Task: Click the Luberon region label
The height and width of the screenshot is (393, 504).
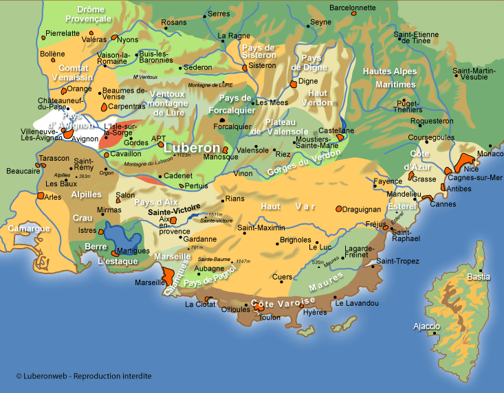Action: coord(193,148)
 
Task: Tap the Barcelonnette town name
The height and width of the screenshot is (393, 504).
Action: coord(353,8)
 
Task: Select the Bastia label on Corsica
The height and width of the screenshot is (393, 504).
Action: coord(479,277)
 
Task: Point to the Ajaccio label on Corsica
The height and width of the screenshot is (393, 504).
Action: coord(426,326)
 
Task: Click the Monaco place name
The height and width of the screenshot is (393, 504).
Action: coord(490,154)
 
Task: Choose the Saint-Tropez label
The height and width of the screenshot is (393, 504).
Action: coord(397,260)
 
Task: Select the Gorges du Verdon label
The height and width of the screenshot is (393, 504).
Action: coord(300,168)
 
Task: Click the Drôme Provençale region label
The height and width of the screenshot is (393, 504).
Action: coord(94,14)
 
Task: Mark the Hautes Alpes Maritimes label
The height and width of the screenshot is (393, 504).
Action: coord(390,78)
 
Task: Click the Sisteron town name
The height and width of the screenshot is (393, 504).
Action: coord(262,65)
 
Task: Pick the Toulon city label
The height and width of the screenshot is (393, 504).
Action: coord(271,317)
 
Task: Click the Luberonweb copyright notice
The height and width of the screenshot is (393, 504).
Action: coord(83,376)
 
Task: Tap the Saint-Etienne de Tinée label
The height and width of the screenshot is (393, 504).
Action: coord(416,37)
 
